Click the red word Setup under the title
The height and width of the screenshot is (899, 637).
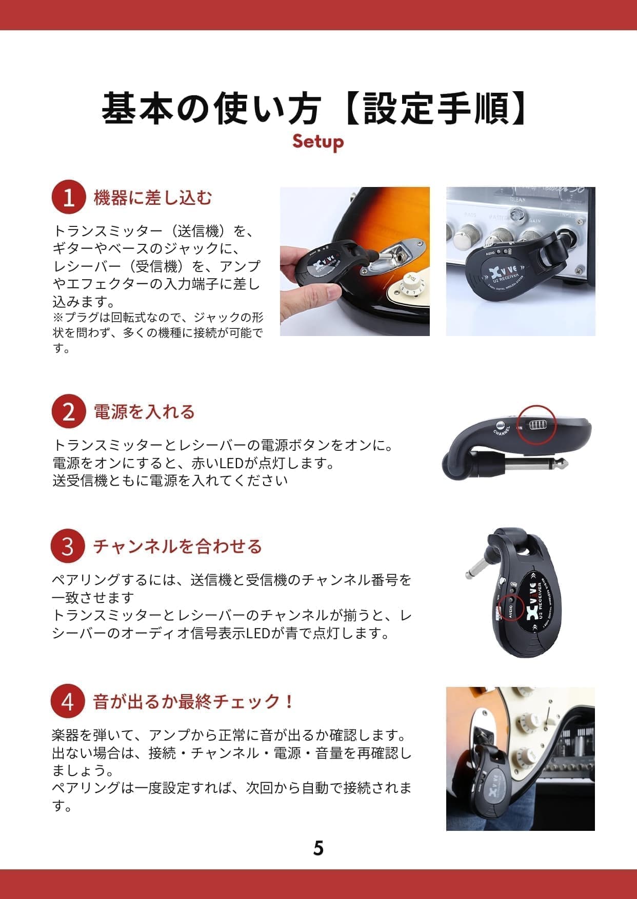pos(318,141)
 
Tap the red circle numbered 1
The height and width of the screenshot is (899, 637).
pos(68,197)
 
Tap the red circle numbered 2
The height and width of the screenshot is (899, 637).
pos(68,411)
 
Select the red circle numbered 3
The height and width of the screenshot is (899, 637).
pos(68,546)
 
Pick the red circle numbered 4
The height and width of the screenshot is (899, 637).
pos(68,701)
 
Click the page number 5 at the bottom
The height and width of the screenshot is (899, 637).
pos(318,848)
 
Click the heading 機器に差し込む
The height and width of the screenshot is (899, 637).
pos(152,198)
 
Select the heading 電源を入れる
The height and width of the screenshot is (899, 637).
pos(144,412)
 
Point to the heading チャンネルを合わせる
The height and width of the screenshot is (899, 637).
pos(177,547)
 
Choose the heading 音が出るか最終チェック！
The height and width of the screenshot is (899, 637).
pos(193,701)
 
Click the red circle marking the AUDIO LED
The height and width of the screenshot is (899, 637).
pos(511,607)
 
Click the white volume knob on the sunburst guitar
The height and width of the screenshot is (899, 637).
pos(410,285)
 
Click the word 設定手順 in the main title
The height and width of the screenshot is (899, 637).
pos(436,109)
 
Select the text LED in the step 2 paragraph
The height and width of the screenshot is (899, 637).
pos(231,464)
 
